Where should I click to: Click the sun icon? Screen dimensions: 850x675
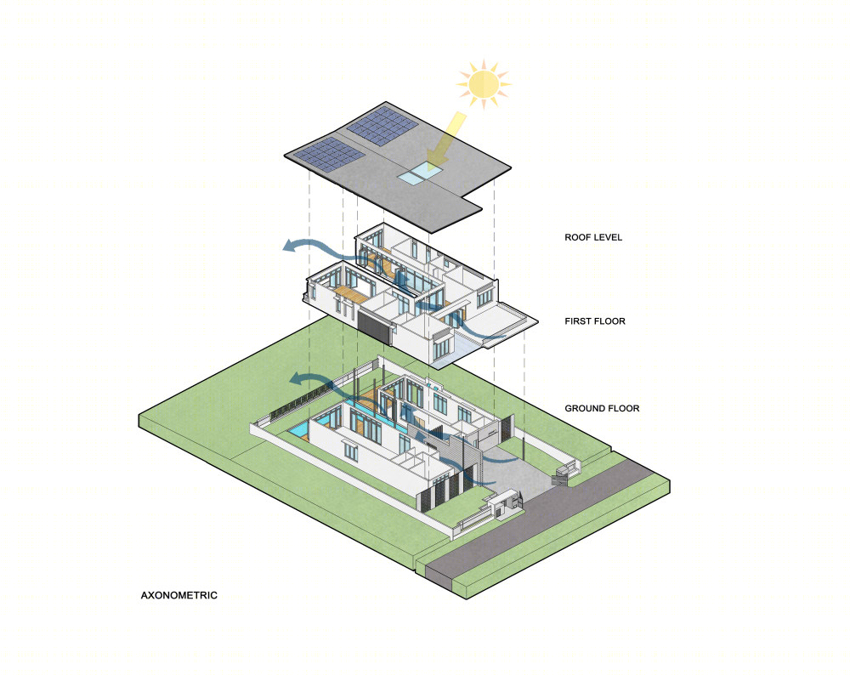[484, 84]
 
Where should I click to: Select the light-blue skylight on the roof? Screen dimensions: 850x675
[420, 174]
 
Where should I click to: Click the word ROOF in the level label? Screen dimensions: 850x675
[577, 237]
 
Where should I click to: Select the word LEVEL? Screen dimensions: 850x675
[608, 237]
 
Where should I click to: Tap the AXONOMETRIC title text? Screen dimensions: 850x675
[178, 595]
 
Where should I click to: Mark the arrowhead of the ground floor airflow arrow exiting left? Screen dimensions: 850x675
[297, 379]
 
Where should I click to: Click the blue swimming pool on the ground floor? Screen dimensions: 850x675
[298, 430]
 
